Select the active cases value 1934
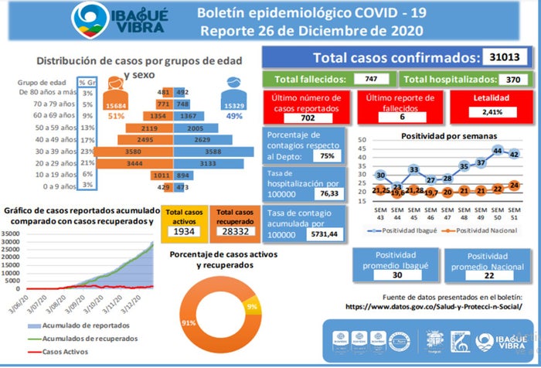tap(184, 231)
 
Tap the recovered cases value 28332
tap(235, 231)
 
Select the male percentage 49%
tap(233, 116)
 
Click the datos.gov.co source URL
tap(433, 306)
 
